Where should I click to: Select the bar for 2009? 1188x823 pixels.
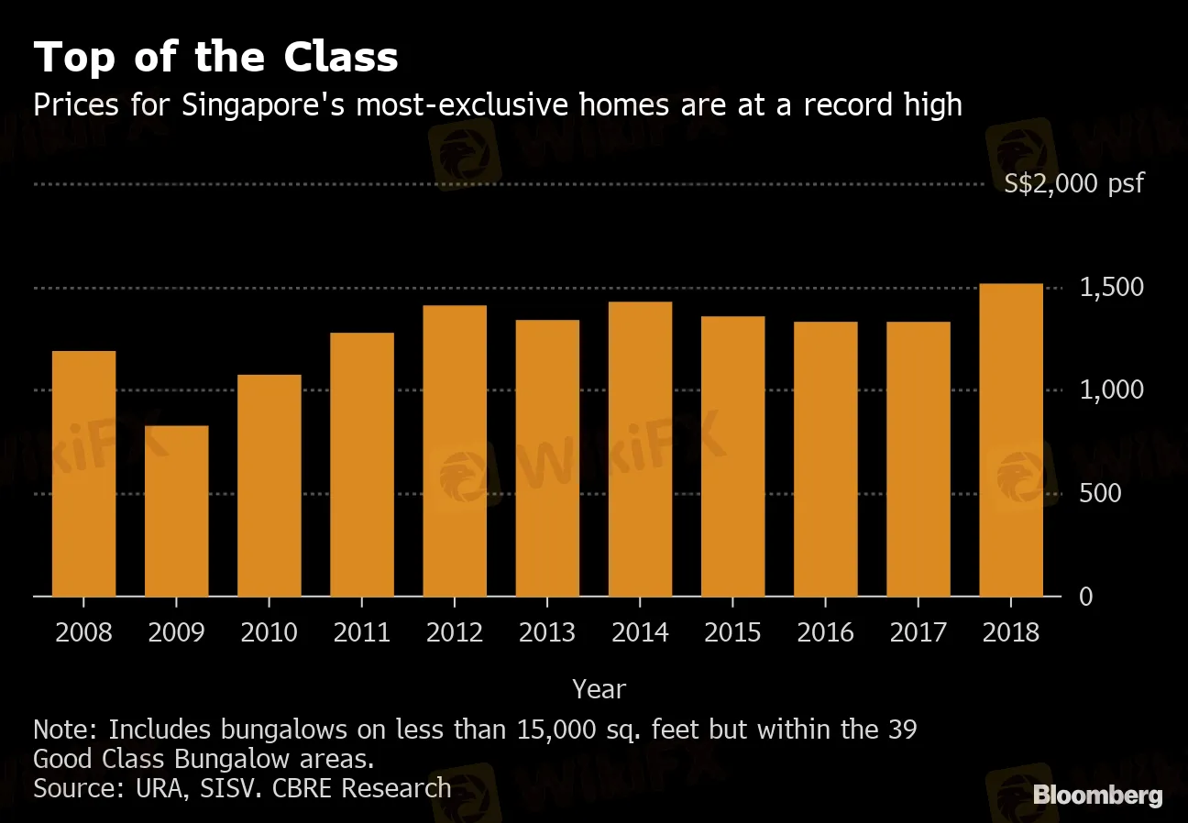[x=177, y=510]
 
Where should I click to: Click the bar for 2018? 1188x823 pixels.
[x=1011, y=440]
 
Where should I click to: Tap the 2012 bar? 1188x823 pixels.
[x=455, y=450]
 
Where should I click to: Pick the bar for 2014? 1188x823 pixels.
[x=640, y=448]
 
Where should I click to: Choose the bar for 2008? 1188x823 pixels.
[x=84, y=473]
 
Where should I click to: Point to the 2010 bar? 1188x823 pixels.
[x=269, y=485]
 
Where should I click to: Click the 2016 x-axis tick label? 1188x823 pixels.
[x=825, y=632]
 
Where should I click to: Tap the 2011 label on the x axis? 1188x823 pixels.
[x=362, y=632]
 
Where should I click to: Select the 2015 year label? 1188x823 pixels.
[x=732, y=632]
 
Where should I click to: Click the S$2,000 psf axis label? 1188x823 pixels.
[x=1074, y=183]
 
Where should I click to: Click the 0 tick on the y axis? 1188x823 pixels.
[x=1085, y=597]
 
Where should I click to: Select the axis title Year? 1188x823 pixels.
[x=599, y=688]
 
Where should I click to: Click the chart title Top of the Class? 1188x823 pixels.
[x=215, y=58]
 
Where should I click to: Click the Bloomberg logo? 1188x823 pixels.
[x=1097, y=796]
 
